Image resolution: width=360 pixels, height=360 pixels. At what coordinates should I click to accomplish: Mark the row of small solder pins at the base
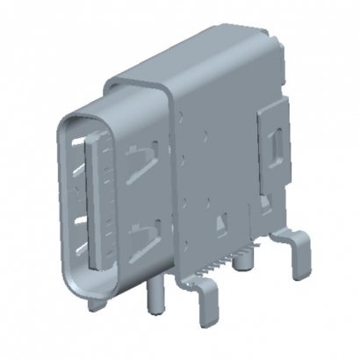coord(230,259)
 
